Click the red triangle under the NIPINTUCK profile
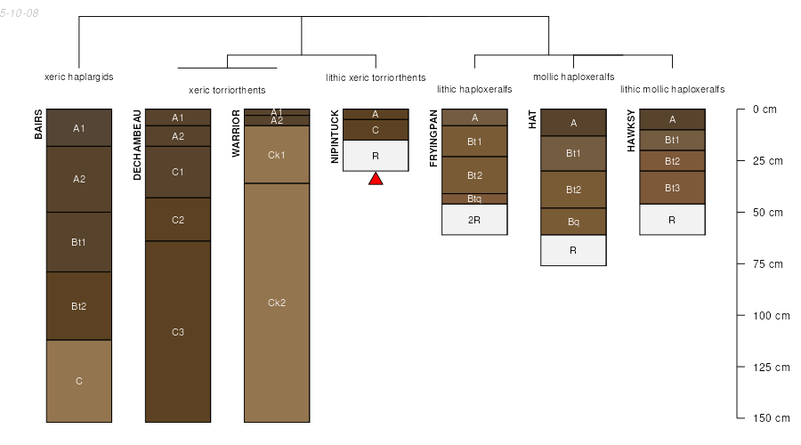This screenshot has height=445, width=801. coord(376,179)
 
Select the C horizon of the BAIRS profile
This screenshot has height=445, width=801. coord(79,381)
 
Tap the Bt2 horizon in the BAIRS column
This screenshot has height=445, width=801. coord(79,306)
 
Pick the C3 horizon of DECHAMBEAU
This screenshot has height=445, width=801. coord(178,332)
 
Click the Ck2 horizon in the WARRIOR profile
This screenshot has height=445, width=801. coord(277,303)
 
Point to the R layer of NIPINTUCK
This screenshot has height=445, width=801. coord(376,156)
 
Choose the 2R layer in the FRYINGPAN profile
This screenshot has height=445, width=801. coord(474,219)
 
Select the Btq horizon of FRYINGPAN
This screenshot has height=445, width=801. coord(474,198)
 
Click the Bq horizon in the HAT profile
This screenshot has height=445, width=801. coord(573,222)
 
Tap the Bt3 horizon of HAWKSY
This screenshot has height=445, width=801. coord(672,188)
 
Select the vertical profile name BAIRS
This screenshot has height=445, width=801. coord(39,125)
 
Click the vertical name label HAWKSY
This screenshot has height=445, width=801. coord(631,131)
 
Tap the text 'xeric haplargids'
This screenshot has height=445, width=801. coord(79,77)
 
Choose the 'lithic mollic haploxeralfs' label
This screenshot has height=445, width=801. coord(672,89)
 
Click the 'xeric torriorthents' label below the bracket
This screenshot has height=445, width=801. coord(227,90)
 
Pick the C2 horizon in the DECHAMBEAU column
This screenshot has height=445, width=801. coord(178,220)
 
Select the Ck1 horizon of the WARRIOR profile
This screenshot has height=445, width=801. coord(277,155)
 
